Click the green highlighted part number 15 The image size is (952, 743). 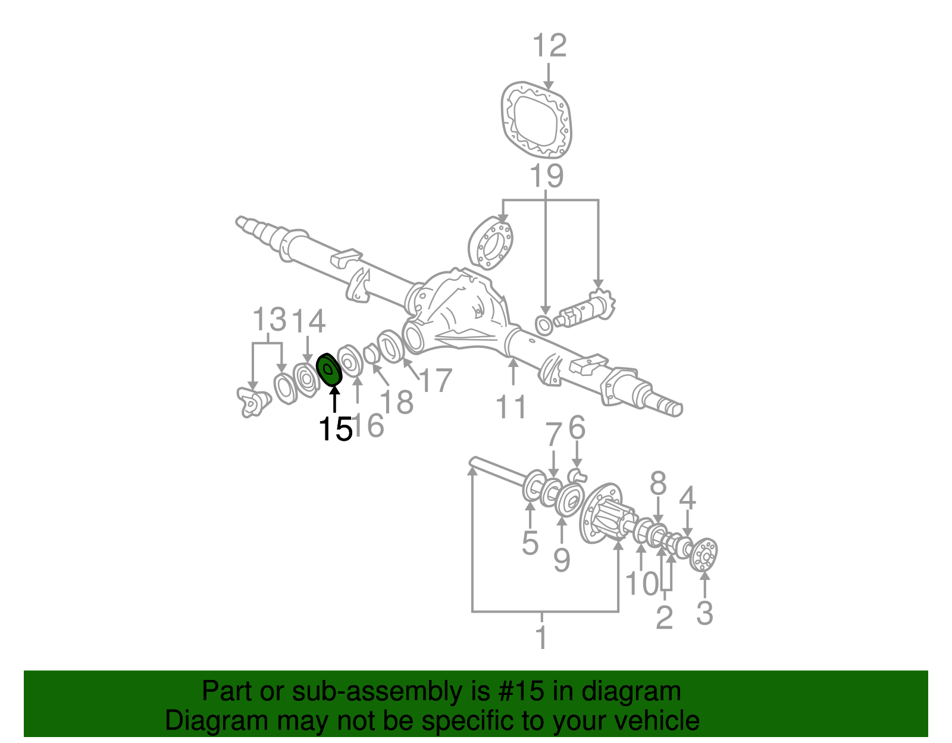coord(328,370)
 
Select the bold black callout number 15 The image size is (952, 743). coord(335,430)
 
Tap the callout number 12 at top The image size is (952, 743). coord(549,46)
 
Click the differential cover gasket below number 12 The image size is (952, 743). coord(536,121)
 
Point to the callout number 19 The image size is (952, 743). coord(546,177)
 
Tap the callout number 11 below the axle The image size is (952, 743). coord(512,407)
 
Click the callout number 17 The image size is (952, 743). coord(436,381)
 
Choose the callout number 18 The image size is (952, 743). coord(397,402)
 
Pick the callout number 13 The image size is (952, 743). coord(269,320)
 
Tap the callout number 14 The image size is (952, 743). coord(308,321)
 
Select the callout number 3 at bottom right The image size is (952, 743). coord(704,613)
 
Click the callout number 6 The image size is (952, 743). coord(577,428)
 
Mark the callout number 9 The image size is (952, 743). coord(561,560)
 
